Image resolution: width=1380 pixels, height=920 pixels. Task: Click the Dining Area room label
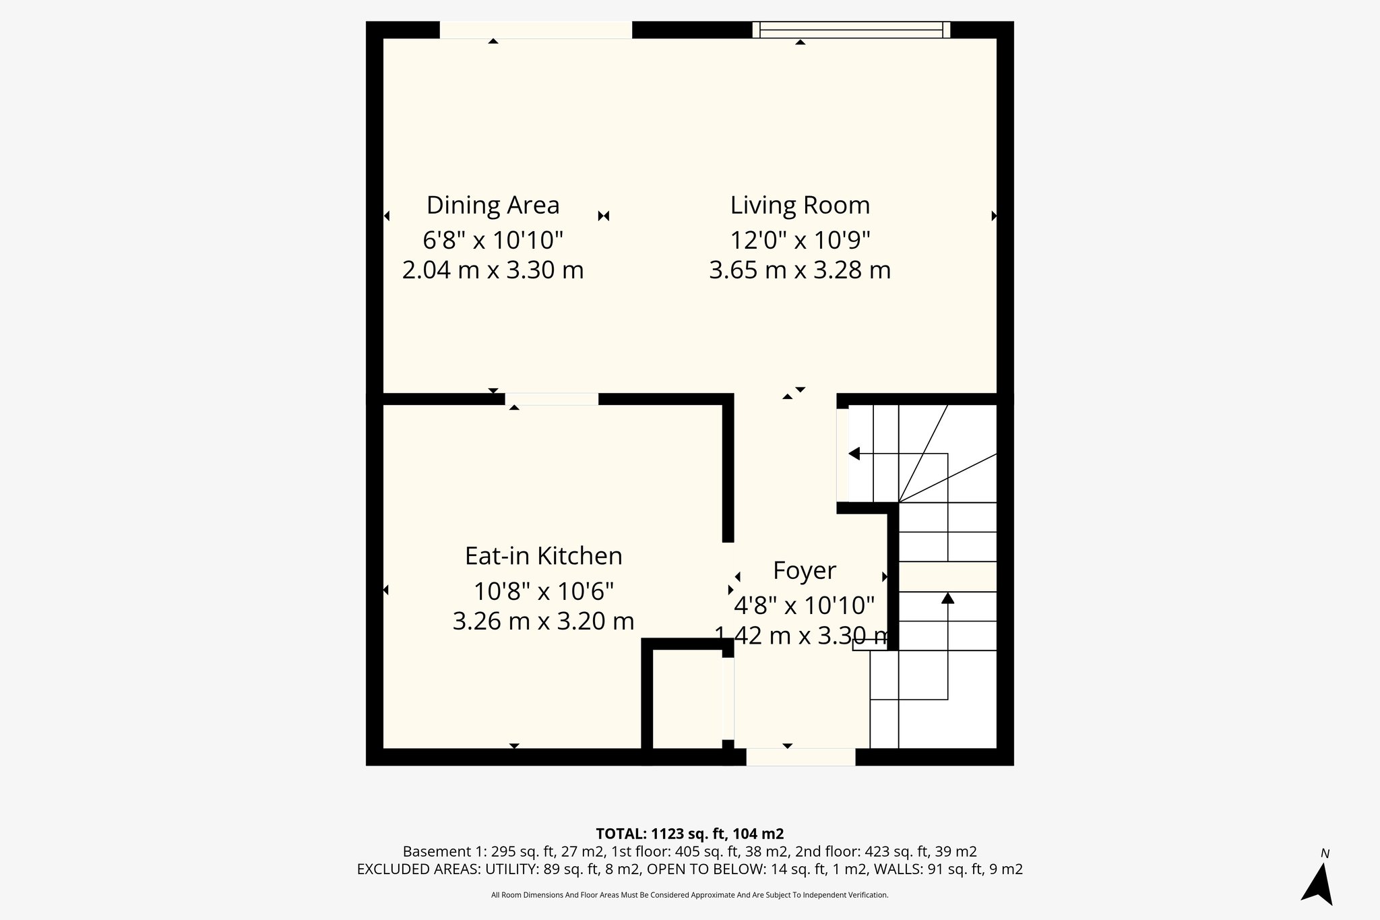click(x=493, y=205)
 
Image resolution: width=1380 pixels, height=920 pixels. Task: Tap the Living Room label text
click(x=800, y=205)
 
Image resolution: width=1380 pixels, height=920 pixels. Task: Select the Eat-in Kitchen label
click(x=543, y=556)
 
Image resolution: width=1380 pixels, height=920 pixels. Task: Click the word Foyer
click(x=804, y=571)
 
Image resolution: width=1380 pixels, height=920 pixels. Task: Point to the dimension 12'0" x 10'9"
click(x=800, y=239)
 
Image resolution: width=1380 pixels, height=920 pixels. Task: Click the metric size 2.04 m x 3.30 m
click(x=493, y=270)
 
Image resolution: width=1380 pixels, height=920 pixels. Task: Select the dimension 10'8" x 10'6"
click(x=543, y=592)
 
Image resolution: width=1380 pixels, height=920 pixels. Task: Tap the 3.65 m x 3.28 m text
click(x=800, y=270)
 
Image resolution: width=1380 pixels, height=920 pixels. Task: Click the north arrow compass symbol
click(x=1318, y=884)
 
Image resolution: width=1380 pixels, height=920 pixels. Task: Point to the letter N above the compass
click(x=1325, y=854)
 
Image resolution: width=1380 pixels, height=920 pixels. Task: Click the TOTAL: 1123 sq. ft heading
click(x=689, y=834)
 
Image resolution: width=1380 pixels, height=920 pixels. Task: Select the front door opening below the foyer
click(x=801, y=757)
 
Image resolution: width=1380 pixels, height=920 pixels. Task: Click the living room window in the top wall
click(x=851, y=29)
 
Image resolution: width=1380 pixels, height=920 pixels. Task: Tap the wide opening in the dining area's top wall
click(x=536, y=30)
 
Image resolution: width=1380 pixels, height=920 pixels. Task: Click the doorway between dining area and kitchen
click(x=551, y=398)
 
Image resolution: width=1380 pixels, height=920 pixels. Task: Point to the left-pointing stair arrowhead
click(x=854, y=454)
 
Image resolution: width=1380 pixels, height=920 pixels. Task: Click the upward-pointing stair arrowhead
click(x=948, y=597)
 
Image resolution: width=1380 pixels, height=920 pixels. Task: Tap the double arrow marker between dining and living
click(x=604, y=216)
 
